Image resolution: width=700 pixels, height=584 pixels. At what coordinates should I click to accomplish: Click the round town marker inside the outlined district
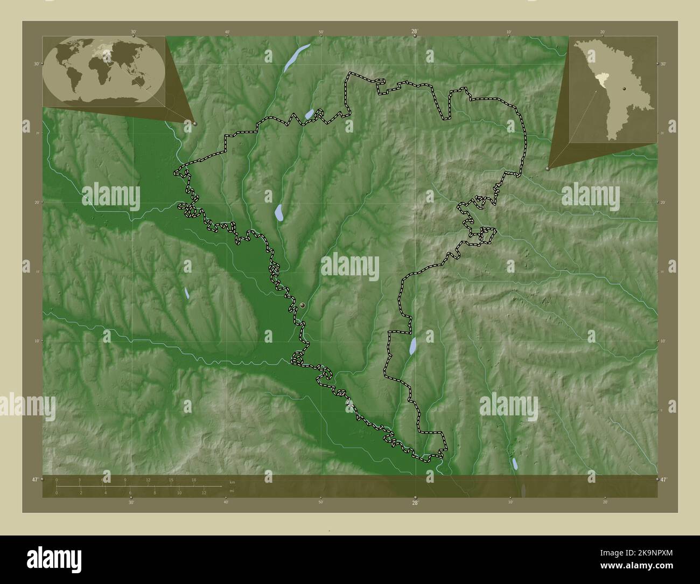tap(303, 305)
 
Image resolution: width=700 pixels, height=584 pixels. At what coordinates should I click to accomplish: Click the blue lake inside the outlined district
tap(279, 212)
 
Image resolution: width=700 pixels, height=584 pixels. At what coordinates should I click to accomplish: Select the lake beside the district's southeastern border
tap(412, 346)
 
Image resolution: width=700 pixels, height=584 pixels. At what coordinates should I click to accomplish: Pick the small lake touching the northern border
tap(310, 114)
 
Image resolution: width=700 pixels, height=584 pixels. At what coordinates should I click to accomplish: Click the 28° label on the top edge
tap(415, 32)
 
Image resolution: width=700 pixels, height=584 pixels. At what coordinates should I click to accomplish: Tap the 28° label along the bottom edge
tap(415, 503)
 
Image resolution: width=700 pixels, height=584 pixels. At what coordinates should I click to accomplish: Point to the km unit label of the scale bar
tap(232, 482)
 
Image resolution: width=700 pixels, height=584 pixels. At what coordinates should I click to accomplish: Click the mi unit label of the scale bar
tap(232, 490)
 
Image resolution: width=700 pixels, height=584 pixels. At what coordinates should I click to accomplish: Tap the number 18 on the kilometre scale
tap(194, 479)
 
